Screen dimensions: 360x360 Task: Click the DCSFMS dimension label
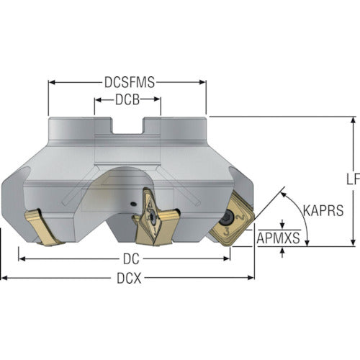click(130, 82)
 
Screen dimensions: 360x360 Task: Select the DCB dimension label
click(127, 99)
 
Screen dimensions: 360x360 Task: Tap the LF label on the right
click(354, 179)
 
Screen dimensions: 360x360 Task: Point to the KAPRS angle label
click(323, 210)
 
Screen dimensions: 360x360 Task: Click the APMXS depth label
click(279, 238)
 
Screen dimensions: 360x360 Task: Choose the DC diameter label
click(131, 259)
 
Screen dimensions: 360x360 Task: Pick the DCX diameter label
click(129, 279)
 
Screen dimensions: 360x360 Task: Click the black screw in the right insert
click(226, 217)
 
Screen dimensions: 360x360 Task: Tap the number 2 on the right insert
click(240, 217)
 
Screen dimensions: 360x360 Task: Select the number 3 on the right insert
click(226, 233)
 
